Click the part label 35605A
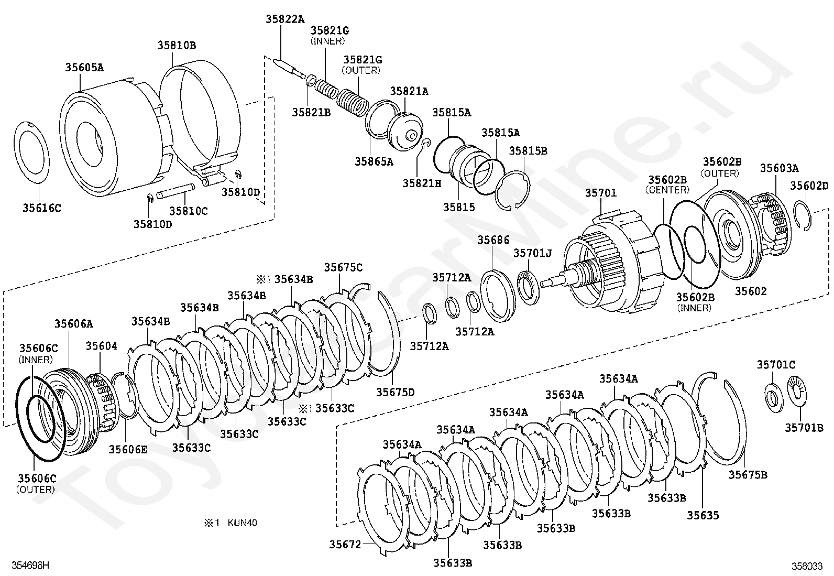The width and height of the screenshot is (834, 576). click(84, 68)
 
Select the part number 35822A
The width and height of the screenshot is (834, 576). click(285, 19)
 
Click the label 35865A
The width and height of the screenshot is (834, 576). click(374, 161)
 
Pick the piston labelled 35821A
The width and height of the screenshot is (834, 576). click(405, 132)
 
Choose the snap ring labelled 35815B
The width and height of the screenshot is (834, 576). click(512, 190)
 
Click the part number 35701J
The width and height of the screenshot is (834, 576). click(533, 253)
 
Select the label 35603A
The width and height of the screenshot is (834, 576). click(780, 168)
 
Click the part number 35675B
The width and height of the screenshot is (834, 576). click(748, 475)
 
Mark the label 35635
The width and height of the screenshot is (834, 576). click(703, 515)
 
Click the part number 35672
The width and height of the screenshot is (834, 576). click(345, 545)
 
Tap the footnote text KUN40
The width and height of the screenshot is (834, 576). click(242, 523)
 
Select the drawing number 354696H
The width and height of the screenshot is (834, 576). click(30, 565)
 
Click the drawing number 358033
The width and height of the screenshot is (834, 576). click(807, 566)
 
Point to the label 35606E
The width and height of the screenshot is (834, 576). click(128, 449)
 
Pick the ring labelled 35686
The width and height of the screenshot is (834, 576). click(498, 296)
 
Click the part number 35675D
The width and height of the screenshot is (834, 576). click(395, 392)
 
